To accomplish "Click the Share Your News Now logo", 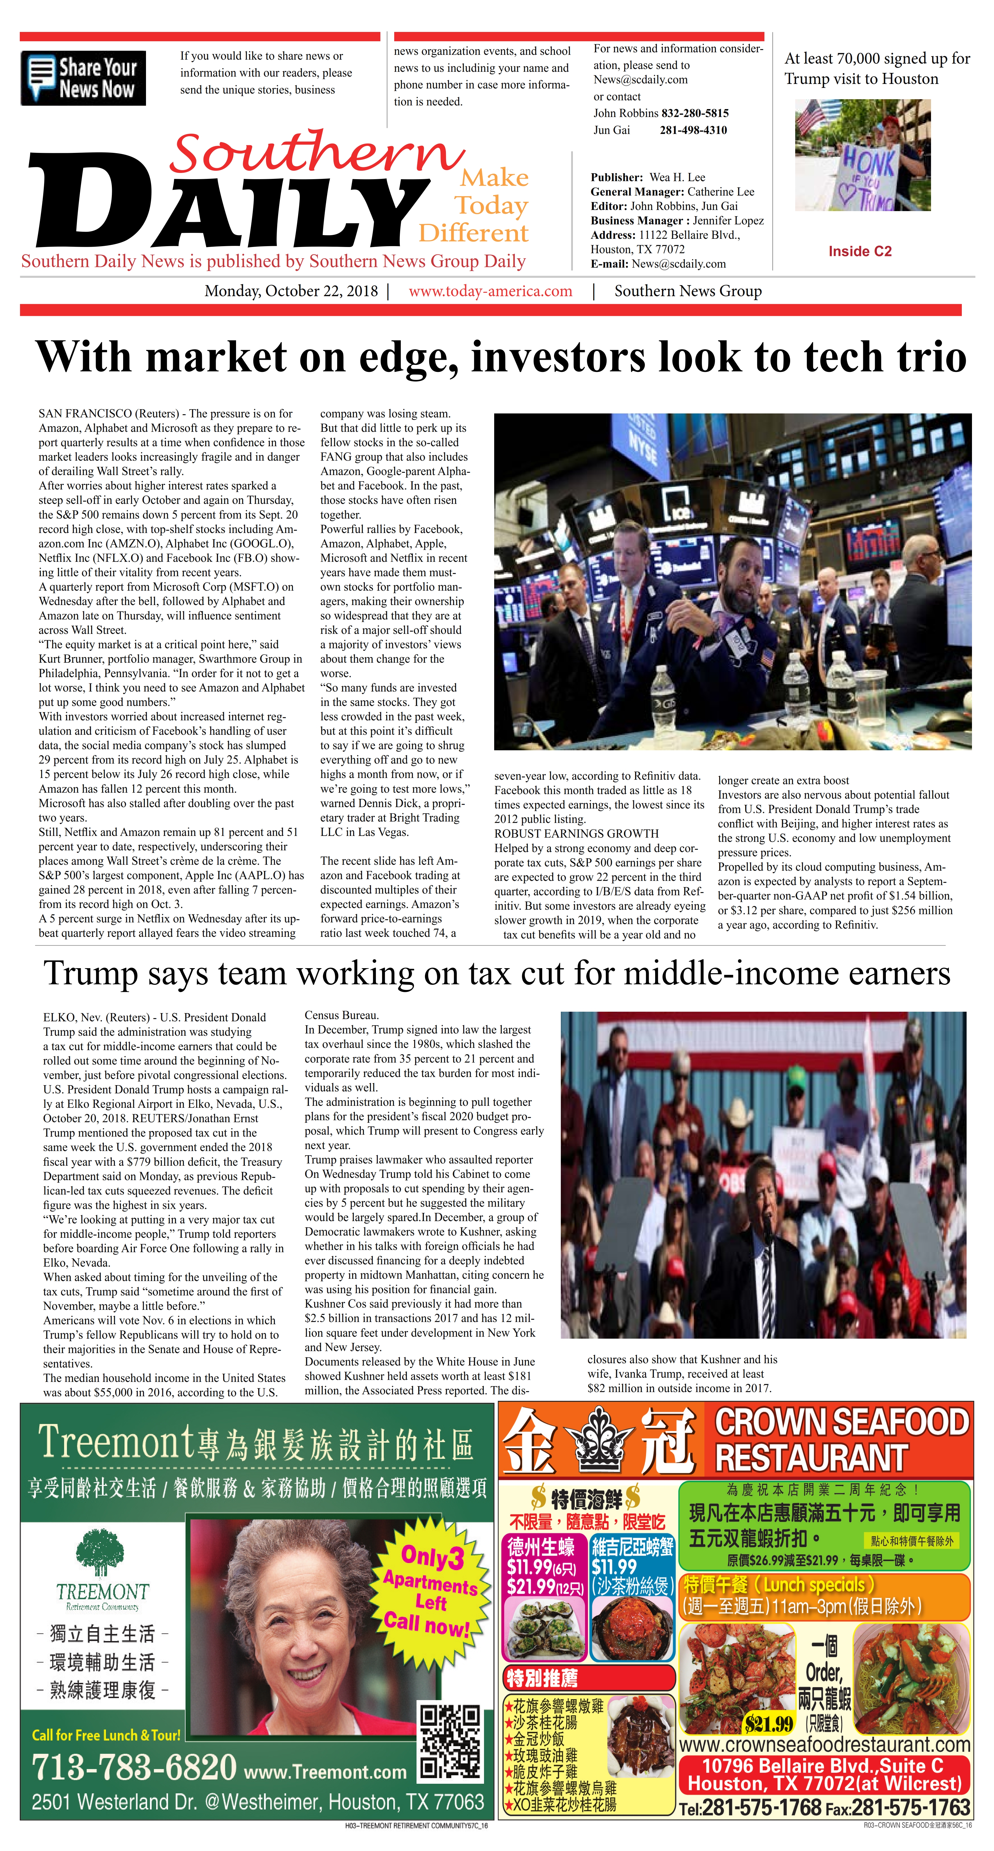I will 83,78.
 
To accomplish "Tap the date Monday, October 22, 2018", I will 291,291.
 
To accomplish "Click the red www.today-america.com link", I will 491,291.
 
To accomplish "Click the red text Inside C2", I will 860,252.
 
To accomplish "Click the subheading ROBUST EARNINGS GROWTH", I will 576,834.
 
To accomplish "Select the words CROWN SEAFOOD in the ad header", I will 842,1422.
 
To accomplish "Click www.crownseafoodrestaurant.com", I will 825,1745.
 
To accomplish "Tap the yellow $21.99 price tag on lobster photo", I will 768,1723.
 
